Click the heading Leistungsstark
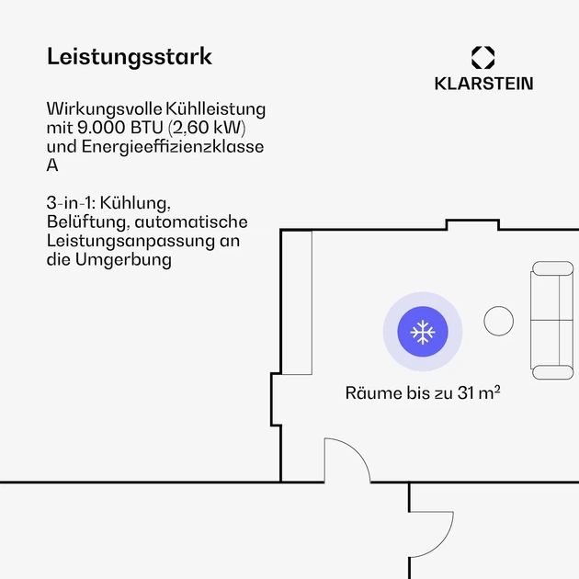click(x=130, y=56)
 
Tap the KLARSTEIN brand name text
click(x=483, y=84)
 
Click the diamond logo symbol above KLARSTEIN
click(x=483, y=57)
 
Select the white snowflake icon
click(x=423, y=332)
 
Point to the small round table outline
click(x=498, y=321)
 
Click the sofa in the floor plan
click(x=552, y=320)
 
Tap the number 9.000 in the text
click(x=101, y=128)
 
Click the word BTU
click(x=147, y=128)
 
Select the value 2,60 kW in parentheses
click(x=207, y=128)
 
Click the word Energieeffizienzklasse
click(x=173, y=147)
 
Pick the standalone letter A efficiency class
click(x=52, y=165)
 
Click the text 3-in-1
click(x=70, y=203)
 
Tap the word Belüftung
click(x=88, y=221)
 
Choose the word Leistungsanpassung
click(x=131, y=241)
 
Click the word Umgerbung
click(x=123, y=259)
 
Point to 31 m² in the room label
click(x=479, y=393)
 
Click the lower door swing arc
click(x=442, y=544)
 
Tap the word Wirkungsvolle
click(x=105, y=109)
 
